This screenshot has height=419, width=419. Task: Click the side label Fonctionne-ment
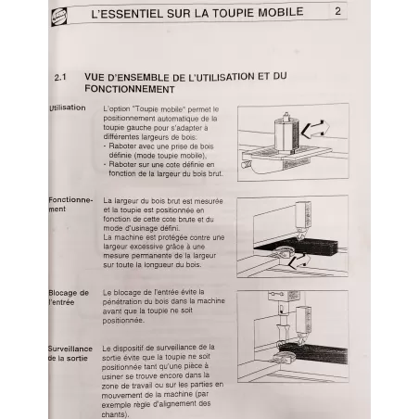[x=70, y=205]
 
